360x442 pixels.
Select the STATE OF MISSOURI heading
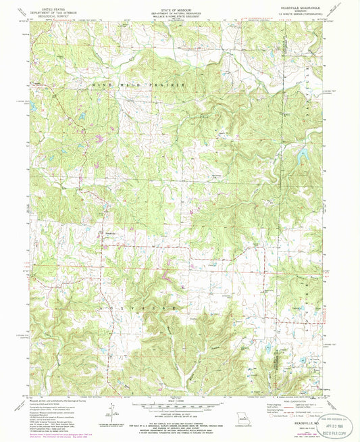pos(179,6)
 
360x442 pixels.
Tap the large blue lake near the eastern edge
pos(298,158)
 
